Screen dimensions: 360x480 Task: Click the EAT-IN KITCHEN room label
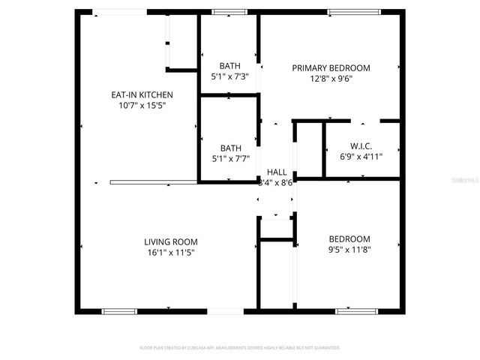142,95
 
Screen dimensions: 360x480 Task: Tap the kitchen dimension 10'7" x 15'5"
142,106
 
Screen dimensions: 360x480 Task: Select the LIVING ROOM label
171,241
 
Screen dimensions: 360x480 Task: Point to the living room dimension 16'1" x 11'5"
171,253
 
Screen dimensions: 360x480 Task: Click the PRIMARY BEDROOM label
331,67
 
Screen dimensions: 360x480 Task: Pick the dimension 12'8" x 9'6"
331,78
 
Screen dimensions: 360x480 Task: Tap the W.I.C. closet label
361,145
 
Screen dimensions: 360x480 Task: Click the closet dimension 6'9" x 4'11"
361,157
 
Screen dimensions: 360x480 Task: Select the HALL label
276,172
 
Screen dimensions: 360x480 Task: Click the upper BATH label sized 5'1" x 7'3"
229,65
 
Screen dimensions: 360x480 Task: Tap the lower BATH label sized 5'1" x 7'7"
230,148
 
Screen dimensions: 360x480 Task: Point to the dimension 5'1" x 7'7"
230,159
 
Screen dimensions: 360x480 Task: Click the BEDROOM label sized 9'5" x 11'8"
349,239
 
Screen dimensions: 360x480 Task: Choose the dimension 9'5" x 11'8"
349,250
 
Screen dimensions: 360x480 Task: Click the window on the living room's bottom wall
119,310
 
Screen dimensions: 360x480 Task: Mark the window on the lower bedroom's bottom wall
354,310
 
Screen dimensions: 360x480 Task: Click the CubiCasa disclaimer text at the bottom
240,348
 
